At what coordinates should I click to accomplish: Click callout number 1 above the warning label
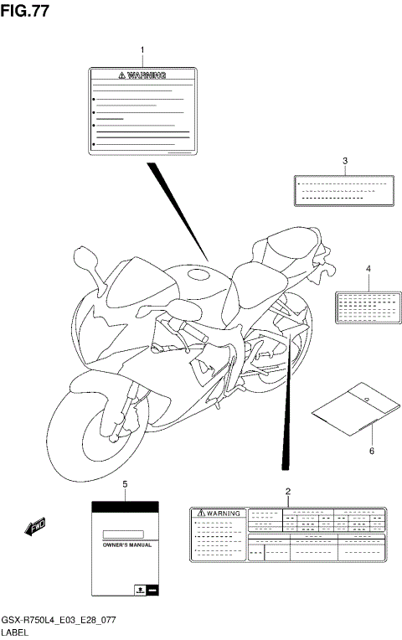click(x=142, y=51)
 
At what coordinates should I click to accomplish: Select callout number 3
click(x=344, y=160)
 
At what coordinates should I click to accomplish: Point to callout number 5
click(x=125, y=485)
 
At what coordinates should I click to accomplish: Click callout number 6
click(x=371, y=451)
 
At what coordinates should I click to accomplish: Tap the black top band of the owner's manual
click(x=125, y=507)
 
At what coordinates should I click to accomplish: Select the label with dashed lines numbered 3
click(x=343, y=189)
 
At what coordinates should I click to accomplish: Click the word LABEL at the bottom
click(x=18, y=630)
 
